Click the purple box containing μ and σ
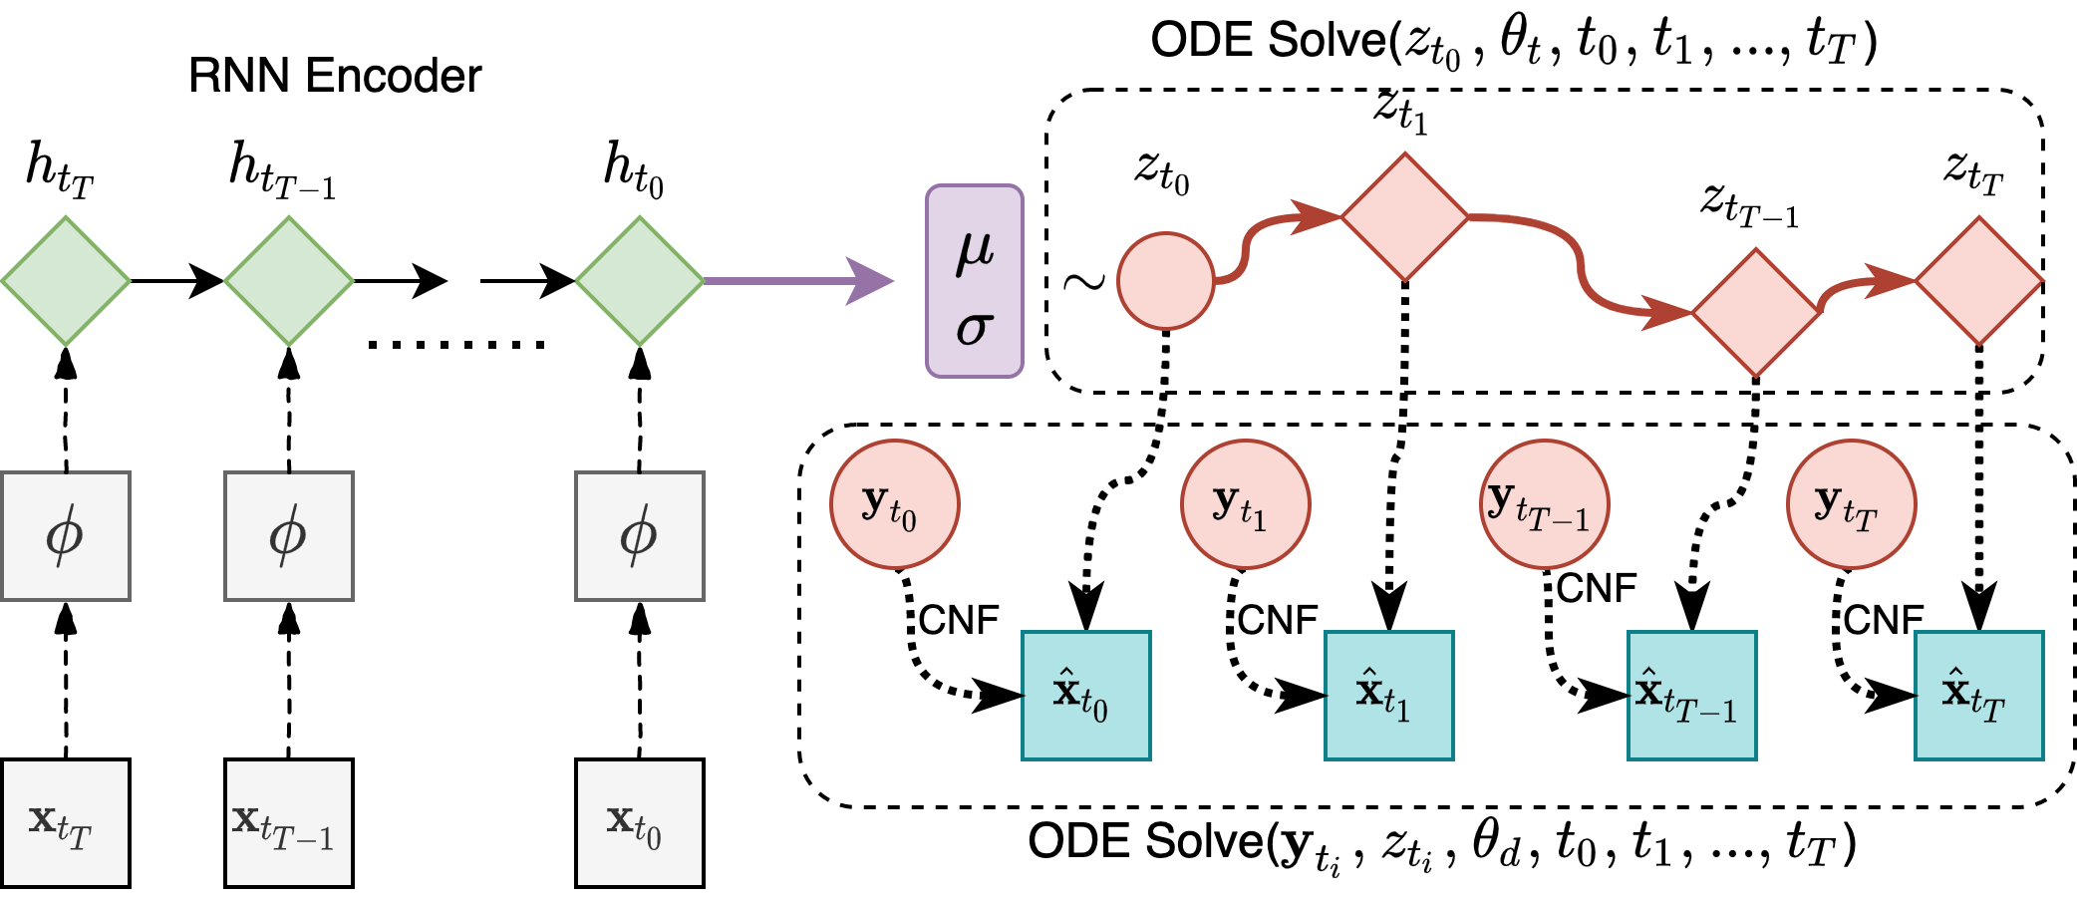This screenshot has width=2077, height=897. point(975,281)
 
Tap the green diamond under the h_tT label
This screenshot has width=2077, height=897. point(66,281)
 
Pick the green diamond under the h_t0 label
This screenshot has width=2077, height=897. point(640,281)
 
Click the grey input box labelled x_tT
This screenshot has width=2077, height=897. point(66,823)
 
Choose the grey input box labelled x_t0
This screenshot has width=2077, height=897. point(640,823)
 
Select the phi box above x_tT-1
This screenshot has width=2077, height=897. point(289,536)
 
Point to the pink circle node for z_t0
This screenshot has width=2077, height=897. point(1166,281)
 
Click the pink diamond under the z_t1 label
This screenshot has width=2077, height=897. point(1404,216)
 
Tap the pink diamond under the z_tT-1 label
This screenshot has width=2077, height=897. point(1755,313)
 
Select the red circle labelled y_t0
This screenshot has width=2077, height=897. point(895,504)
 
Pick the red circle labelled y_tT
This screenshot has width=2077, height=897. point(1851,504)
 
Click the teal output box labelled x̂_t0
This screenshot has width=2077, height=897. point(1086,696)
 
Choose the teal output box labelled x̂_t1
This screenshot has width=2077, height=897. point(1389,696)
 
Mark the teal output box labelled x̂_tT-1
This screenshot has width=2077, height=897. point(1692,696)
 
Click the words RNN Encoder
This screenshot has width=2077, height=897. point(335,76)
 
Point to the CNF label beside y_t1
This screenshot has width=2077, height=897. point(1278,620)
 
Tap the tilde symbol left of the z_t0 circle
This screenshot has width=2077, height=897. point(1084,282)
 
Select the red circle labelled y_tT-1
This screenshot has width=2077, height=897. point(1544,504)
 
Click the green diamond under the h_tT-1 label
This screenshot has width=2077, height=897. point(289,281)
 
